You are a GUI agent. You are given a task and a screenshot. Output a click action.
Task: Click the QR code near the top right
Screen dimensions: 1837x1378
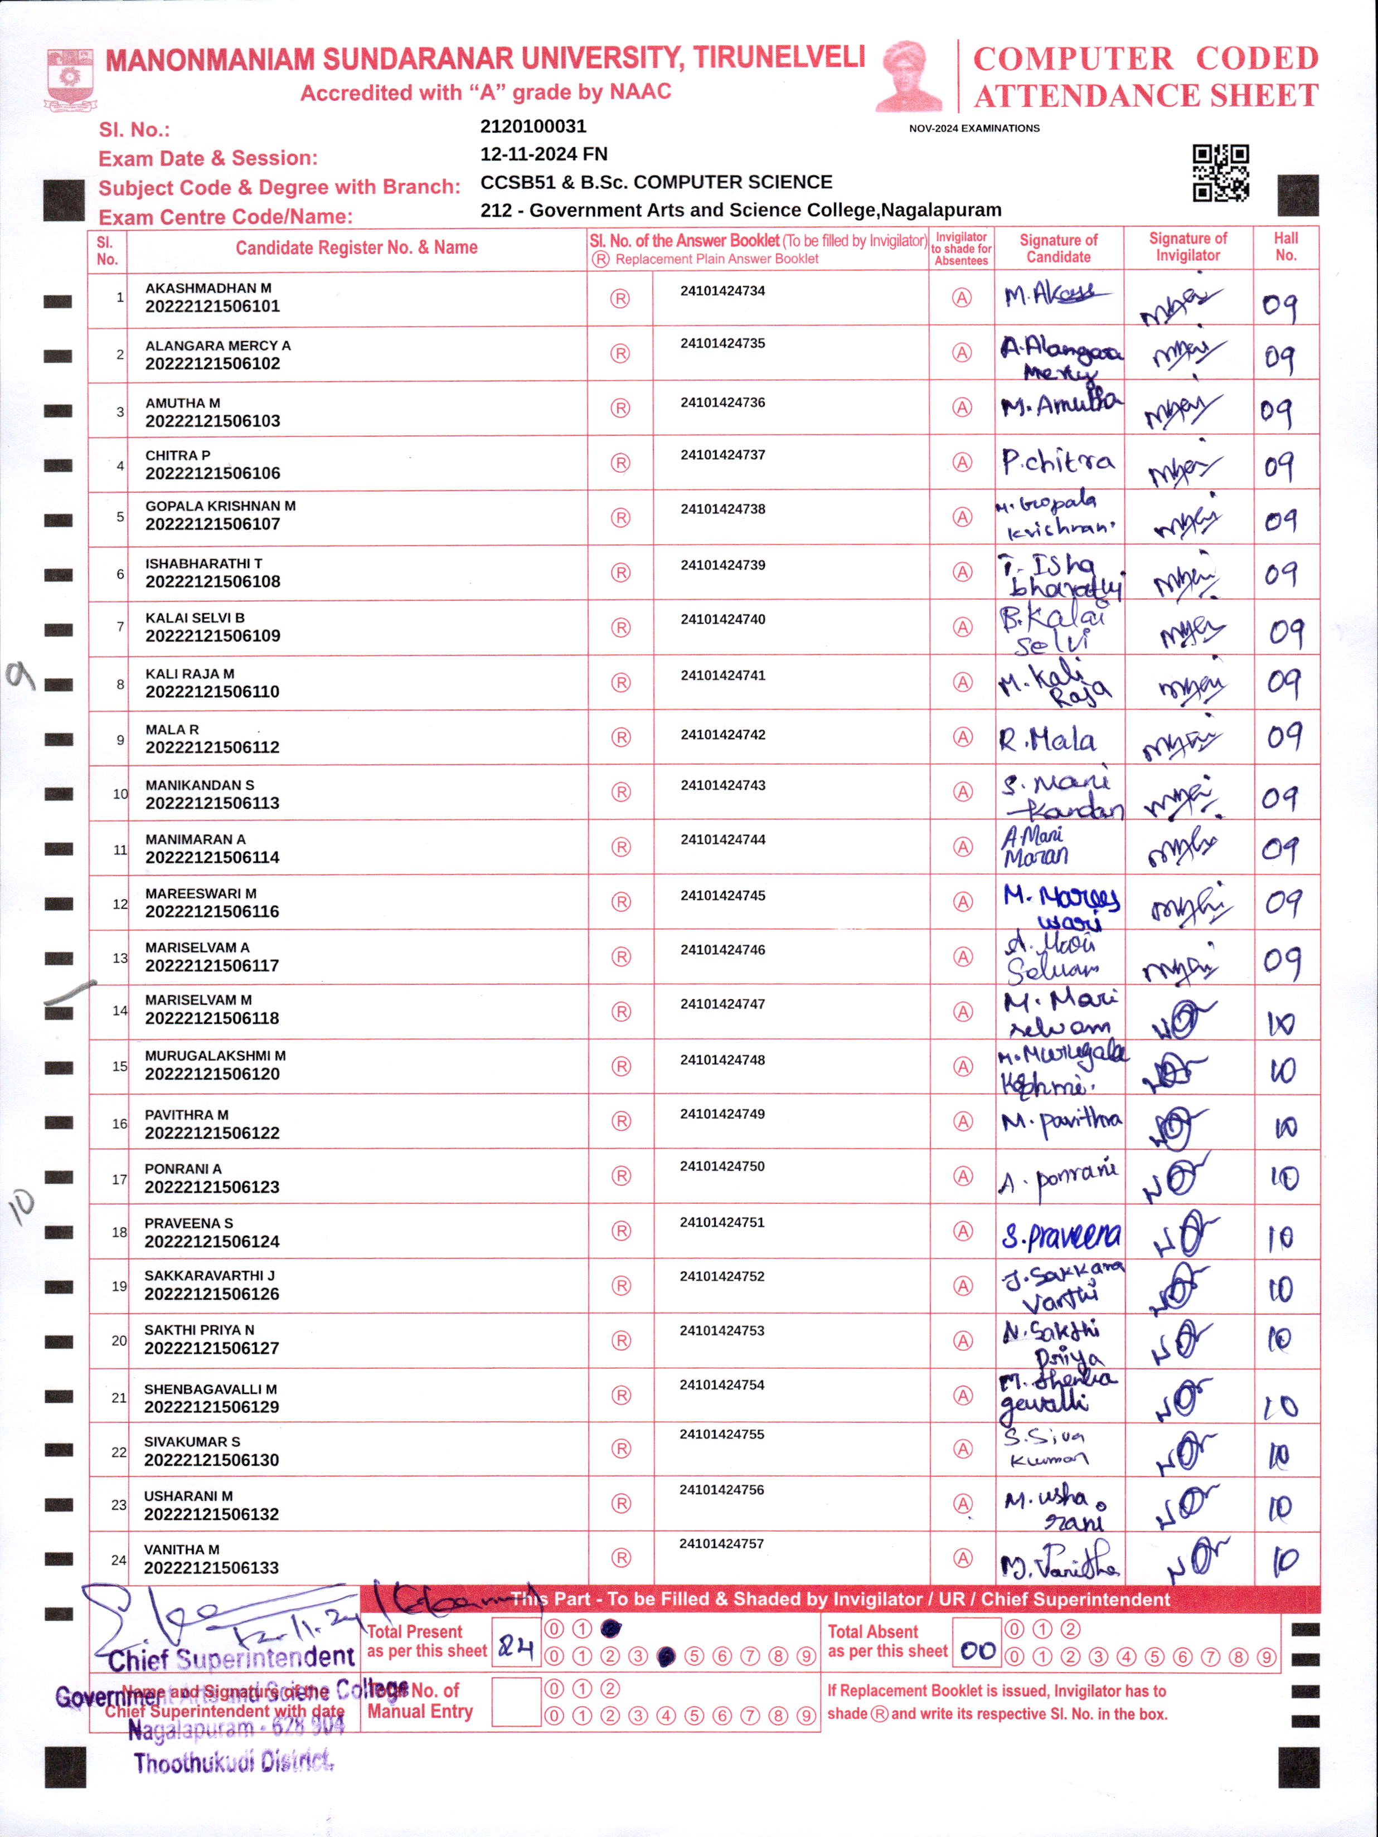[1220, 173]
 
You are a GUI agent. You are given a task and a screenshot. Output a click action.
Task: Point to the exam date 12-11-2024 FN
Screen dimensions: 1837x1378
[543, 154]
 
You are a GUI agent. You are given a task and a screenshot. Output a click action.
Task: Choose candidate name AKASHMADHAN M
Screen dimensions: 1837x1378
[208, 288]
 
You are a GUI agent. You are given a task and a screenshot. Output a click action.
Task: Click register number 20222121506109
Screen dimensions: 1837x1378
[212, 636]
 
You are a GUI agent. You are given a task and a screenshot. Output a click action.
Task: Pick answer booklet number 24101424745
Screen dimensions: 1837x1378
[722, 895]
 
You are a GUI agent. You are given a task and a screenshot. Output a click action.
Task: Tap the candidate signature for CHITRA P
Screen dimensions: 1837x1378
[1057, 461]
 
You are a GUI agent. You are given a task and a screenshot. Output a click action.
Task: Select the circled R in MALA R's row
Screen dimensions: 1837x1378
[620, 737]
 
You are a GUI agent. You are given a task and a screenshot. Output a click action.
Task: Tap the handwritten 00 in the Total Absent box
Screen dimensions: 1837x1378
[977, 1650]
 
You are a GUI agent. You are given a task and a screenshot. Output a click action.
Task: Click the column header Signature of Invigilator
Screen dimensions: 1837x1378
[1188, 247]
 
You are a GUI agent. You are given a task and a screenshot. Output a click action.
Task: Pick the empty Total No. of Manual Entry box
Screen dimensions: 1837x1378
[515, 1703]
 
